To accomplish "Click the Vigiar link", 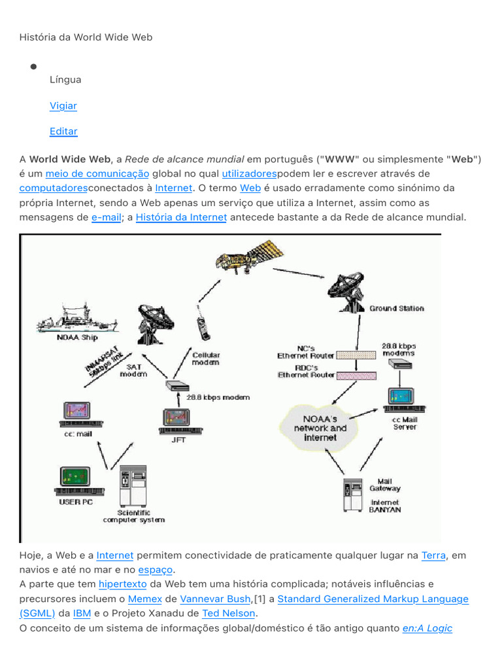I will click(63, 105).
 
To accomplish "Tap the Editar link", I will click(63, 131).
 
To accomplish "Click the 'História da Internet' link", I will click(181, 217).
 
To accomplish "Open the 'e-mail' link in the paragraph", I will click(107, 217).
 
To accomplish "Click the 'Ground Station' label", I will click(397, 308).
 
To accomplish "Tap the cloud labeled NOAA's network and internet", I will click(320, 428).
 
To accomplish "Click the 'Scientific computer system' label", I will click(133, 516).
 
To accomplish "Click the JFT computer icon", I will click(177, 421).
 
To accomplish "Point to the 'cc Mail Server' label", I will click(404, 423).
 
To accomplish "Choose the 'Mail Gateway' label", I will click(385, 484).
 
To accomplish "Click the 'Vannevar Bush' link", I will click(215, 599).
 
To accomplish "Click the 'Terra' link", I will click(433, 555).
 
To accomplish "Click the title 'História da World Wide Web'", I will click(86, 37).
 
